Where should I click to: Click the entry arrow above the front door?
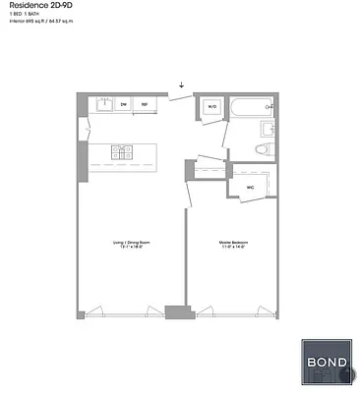coord(181,84)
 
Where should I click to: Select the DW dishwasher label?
coord(124,103)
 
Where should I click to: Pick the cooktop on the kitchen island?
coord(122,151)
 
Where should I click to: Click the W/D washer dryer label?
coord(211,107)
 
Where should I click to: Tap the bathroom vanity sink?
coord(268,128)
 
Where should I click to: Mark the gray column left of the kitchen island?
coord(82,155)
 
